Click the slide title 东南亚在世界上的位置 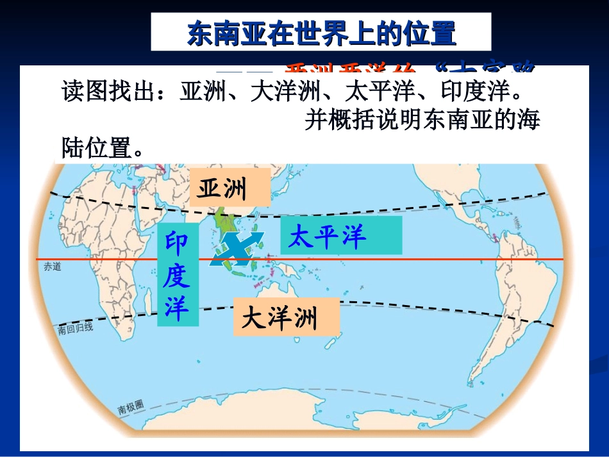click(321, 33)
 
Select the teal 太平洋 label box click(340, 236)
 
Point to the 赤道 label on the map click(53, 267)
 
